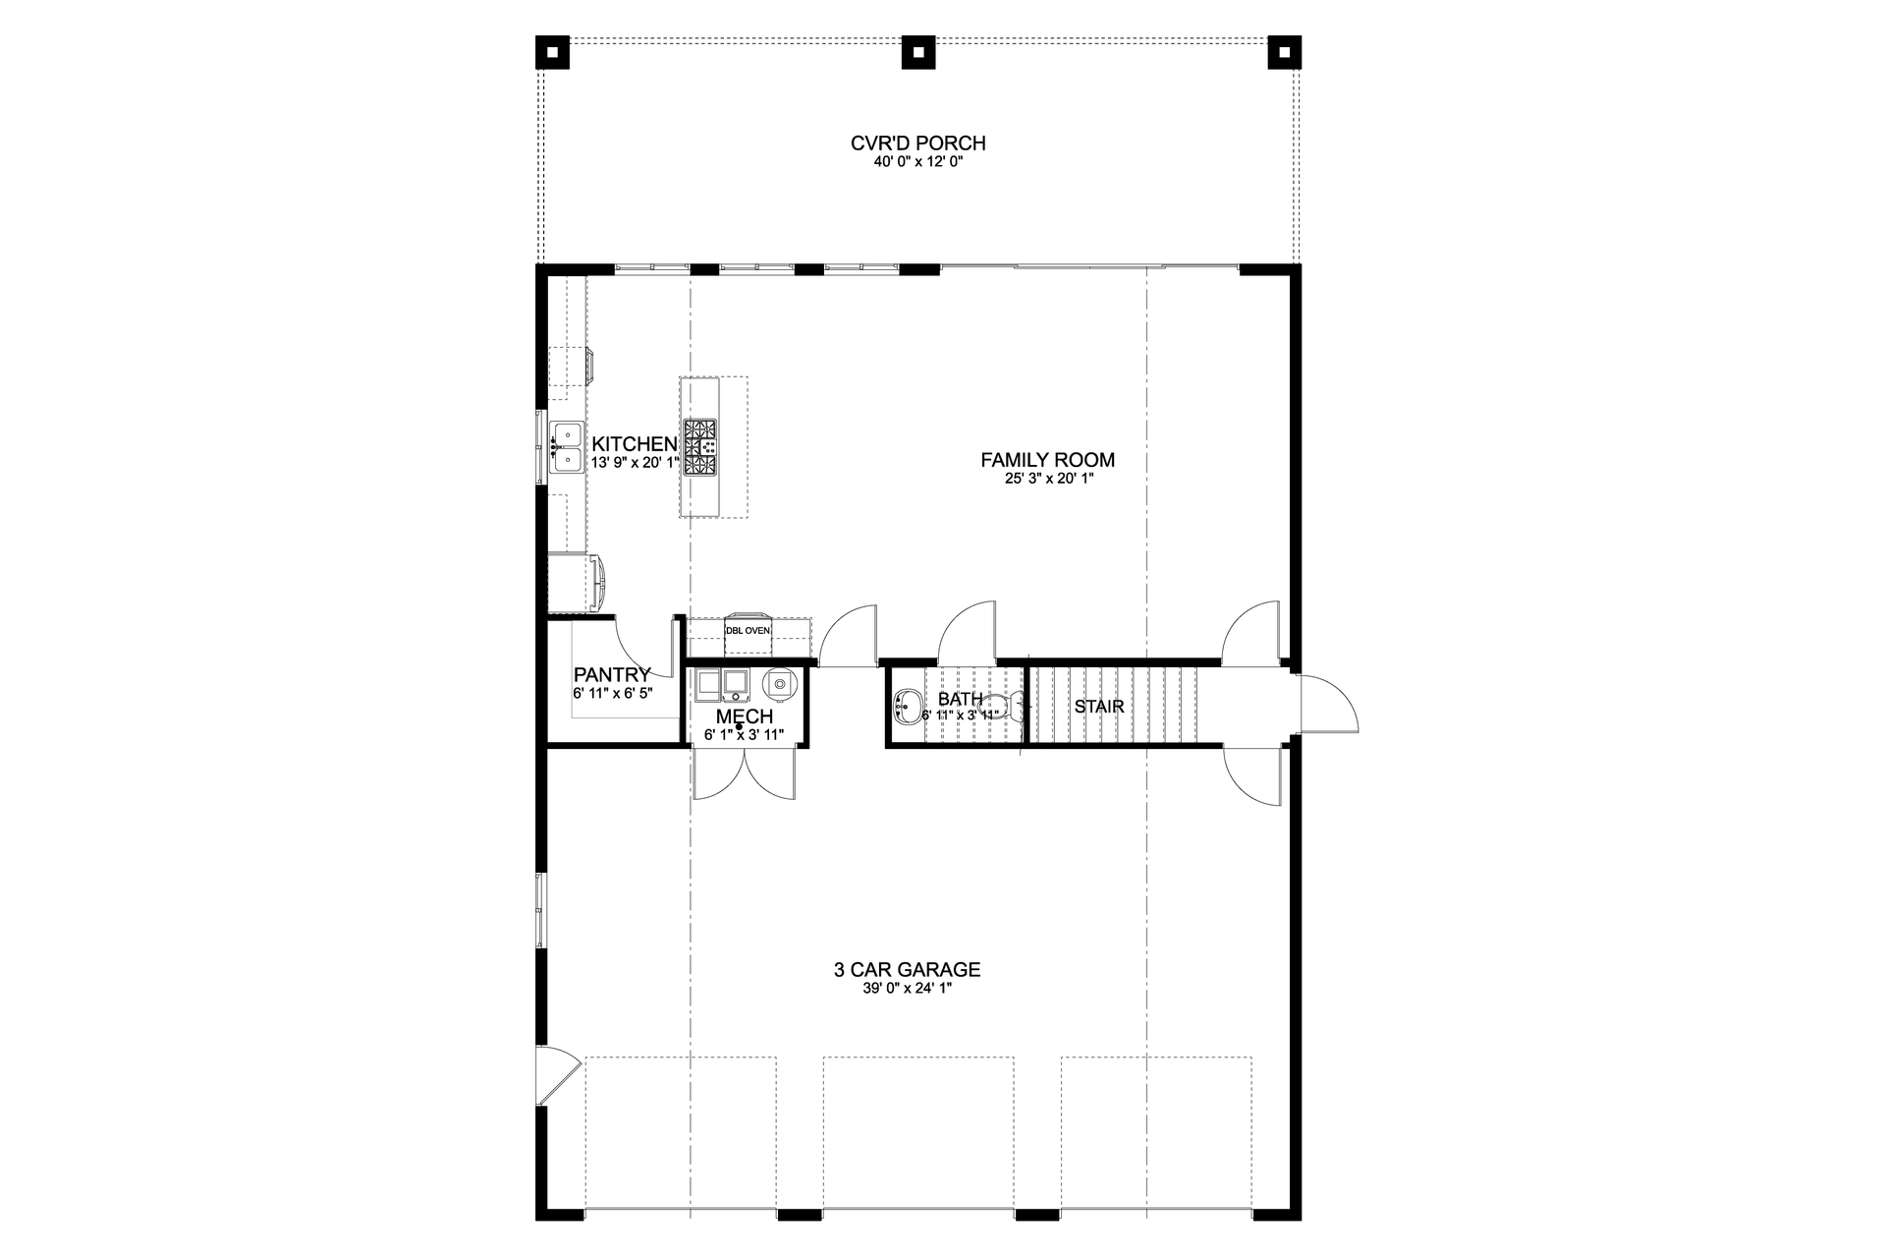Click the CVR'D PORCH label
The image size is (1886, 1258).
[917, 143]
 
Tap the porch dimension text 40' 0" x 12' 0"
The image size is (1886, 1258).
[917, 163]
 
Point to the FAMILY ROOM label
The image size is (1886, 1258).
[1047, 460]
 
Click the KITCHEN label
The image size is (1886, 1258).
[635, 444]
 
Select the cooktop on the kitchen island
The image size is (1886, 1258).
[700, 447]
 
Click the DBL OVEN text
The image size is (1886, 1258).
[749, 630]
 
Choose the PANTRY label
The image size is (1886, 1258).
[612, 675]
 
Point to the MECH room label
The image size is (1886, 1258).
[745, 717]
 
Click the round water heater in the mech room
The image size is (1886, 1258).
[779, 683]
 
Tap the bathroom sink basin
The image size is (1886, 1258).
[907, 706]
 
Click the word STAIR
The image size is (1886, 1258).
[1098, 707]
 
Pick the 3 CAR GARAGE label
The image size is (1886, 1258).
[907, 970]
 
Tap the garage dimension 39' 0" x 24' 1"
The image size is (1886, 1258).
[907, 990]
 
